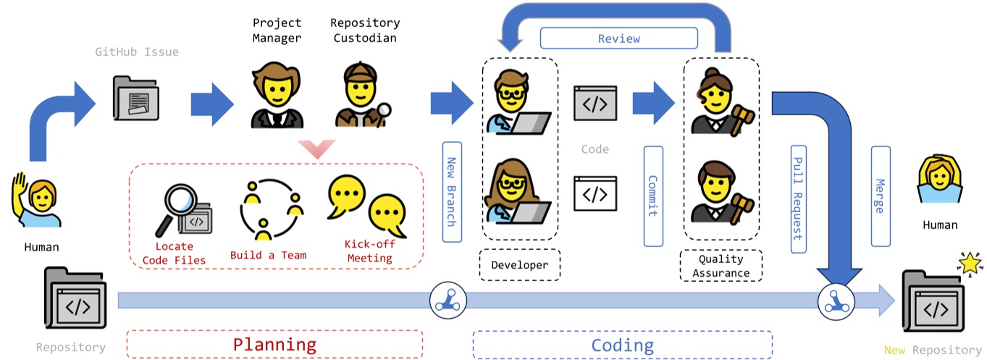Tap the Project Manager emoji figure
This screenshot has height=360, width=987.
(277, 96)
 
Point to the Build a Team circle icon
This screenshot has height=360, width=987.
(270, 209)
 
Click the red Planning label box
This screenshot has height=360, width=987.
(274, 345)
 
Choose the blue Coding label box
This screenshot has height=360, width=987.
(622, 345)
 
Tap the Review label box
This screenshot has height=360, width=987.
(618, 38)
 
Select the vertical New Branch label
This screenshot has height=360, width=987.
(450, 191)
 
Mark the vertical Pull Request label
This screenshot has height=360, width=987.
(797, 198)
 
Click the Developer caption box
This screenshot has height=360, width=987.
(519, 265)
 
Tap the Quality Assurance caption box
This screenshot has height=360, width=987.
(721, 266)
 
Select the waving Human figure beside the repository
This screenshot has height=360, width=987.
(35, 203)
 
